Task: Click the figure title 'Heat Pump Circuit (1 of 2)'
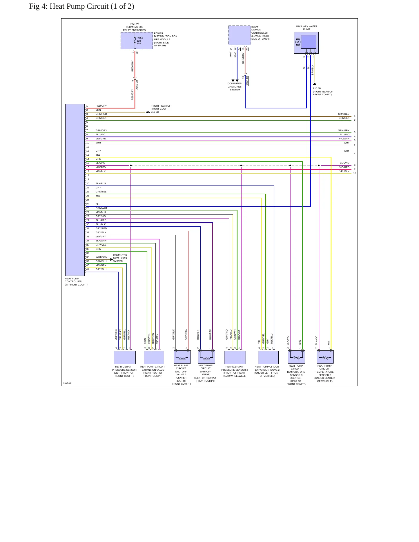(x=92, y=6)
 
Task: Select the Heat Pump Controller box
(x=75, y=190)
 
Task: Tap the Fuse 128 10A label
(x=140, y=41)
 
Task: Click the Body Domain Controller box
(x=240, y=35)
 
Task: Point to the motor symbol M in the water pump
(x=298, y=42)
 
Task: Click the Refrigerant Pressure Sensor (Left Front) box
(x=125, y=357)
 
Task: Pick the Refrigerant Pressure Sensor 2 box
(x=235, y=357)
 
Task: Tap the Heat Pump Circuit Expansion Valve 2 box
(x=268, y=357)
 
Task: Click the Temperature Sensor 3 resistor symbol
(x=296, y=358)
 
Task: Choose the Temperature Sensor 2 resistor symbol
(x=325, y=358)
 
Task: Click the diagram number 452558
(x=67, y=383)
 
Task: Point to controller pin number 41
(x=88, y=269)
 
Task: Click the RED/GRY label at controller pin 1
(x=101, y=106)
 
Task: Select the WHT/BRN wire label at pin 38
(x=101, y=257)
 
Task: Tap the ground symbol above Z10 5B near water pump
(x=315, y=84)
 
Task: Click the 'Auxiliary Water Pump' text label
(x=306, y=28)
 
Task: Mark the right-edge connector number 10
(x=355, y=173)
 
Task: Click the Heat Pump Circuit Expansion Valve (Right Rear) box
(x=154, y=357)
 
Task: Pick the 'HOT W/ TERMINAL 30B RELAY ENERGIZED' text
(x=135, y=27)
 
